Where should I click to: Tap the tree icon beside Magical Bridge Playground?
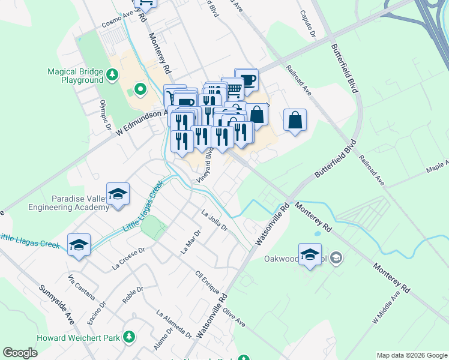coord(112,75)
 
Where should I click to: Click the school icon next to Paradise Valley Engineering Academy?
coord(118,194)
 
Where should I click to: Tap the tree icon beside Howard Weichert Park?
coord(128,337)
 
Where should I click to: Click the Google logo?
coord(20,353)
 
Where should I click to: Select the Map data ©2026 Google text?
coord(411,355)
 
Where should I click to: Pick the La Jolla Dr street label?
coord(214,220)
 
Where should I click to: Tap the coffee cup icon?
coord(246,79)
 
